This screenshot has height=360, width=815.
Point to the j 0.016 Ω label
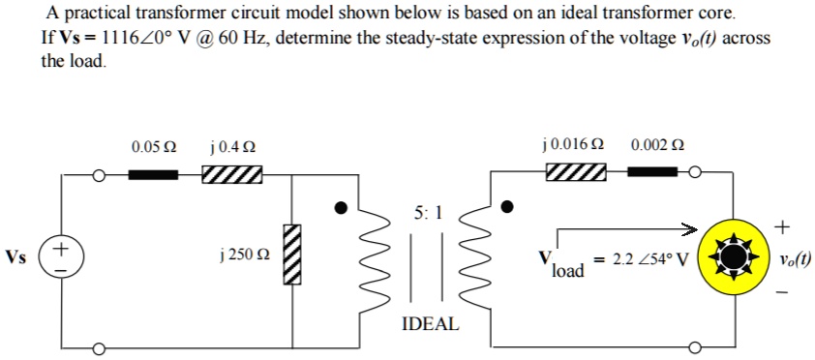[575, 145]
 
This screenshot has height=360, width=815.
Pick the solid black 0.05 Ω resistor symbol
[155, 175]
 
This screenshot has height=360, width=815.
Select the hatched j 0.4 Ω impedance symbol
[231, 175]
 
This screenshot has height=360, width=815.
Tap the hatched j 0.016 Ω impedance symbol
[576, 172]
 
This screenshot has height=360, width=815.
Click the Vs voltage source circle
[60, 257]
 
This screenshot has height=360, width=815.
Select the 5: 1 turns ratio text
[427, 215]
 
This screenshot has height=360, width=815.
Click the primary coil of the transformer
[373, 256]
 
